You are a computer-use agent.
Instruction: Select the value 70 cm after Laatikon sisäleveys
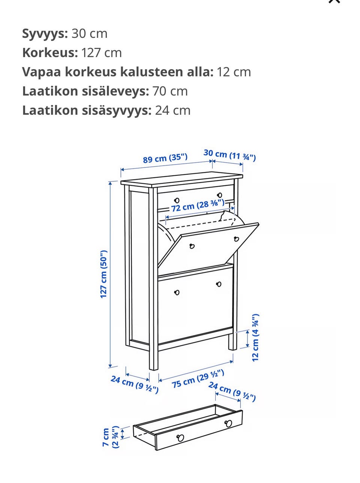pos(170,91)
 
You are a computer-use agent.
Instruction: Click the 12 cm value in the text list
pos(234,72)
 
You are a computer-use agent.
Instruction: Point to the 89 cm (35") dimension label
pos(165,158)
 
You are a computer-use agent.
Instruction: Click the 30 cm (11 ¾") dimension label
pos(229,155)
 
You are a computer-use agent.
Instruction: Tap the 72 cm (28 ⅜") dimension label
pos(198,205)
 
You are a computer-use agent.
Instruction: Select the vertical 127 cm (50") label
pos(104,274)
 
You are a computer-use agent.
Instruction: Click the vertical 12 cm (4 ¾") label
pos(255,338)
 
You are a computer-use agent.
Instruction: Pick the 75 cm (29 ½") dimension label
pos(198,378)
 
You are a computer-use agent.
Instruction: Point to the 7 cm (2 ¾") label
pos(111,437)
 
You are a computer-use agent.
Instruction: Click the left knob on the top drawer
pos(177,200)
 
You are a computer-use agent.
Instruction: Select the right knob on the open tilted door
pos(236,239)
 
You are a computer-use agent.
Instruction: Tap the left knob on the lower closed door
pos(177,292)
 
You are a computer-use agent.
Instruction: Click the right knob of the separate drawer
pos(228,423)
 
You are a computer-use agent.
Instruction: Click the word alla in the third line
pos(198,72)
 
